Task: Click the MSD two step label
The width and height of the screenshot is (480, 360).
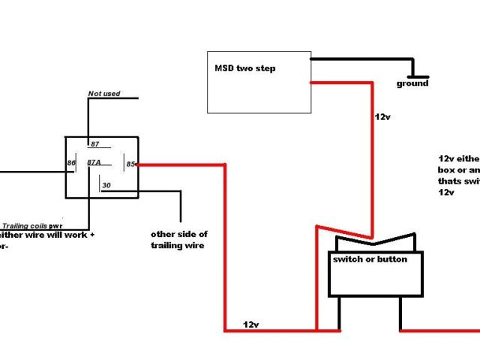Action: [x=245, y=68]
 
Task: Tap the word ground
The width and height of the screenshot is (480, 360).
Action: [x=412, y=83]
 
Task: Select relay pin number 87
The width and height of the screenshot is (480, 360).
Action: [x=95, y=143]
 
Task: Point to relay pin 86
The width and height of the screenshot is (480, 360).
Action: [x=70, y=162]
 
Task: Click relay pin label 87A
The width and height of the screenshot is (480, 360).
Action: [x=94, y=162]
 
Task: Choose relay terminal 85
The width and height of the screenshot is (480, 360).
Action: [x=130, y=163]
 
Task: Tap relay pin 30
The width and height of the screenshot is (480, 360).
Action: [x=106, y=185]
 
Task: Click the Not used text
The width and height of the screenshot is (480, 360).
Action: [x=103, y=94]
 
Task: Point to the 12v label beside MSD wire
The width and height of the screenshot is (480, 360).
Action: [x=382, y=118]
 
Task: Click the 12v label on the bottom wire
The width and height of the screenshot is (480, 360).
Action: [x=251, y=324]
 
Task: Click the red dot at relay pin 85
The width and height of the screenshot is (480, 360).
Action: [x=139, y=163]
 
